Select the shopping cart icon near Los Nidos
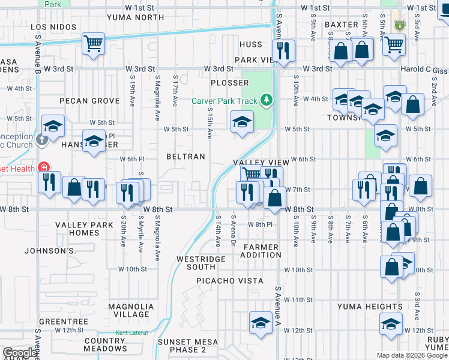(93, 43)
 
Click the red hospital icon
(43, 167)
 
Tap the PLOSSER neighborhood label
(229, 83)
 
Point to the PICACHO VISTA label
(230, 281)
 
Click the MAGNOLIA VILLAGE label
(131, 310)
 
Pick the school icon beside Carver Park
(242, 122)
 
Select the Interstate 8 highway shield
(399, 25)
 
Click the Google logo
(20, 353)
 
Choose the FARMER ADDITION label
(261, 251)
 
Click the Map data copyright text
(411, 355)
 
